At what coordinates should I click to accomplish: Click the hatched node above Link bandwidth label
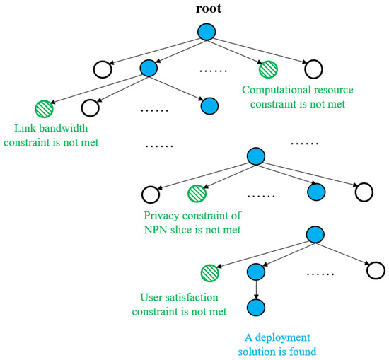tap(44, 108)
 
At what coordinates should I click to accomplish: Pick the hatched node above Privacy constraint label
tap(197, 192)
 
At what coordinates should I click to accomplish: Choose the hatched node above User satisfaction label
tap(209, 272)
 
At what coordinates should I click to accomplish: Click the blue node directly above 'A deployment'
tap(256, 308)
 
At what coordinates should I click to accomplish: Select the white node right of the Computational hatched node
tap(313, 69)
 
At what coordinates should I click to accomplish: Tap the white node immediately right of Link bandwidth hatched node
tap(91, 108)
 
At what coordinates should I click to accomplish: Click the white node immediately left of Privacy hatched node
tap(150, 192)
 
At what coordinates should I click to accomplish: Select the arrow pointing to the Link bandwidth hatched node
tap(95, 88)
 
